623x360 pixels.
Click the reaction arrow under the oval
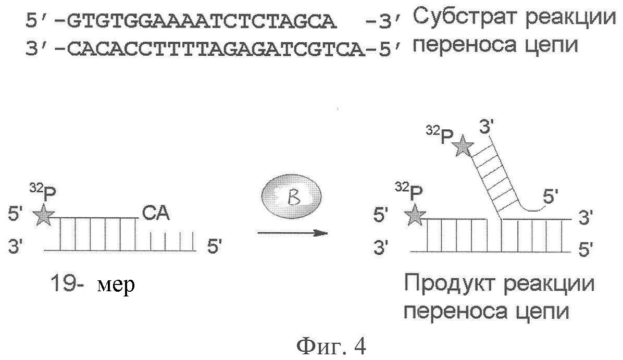click(x=292, y=233)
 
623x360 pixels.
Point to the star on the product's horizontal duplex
click(x=415, y=215)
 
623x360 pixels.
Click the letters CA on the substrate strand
click(x=155, y=214)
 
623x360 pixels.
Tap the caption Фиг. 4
click(x=331, y=346)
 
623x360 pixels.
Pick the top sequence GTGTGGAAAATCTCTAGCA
click(x=202, y=22)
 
